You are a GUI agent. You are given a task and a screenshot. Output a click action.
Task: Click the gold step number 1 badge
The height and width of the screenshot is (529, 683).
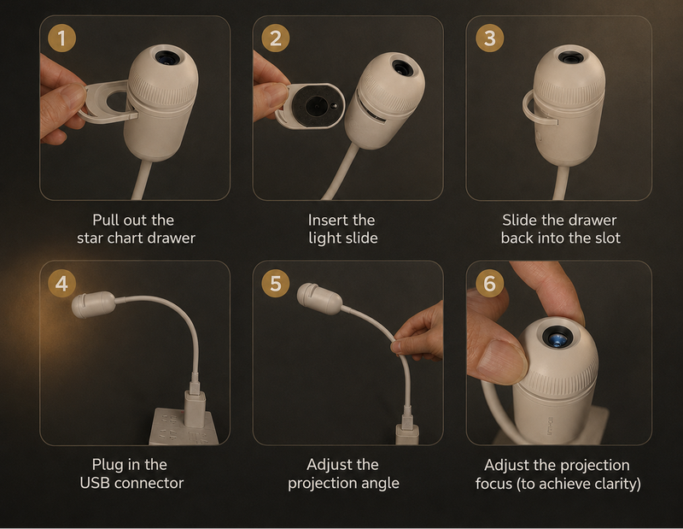(x=61, y=38)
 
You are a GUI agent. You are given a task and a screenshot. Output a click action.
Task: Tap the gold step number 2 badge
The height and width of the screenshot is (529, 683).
(x=275, y=38)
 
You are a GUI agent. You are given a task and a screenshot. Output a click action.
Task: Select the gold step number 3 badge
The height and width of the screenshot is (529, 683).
(x=489, y=38)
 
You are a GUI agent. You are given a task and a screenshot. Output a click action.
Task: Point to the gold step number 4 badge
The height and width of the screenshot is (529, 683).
(x=61, y=283)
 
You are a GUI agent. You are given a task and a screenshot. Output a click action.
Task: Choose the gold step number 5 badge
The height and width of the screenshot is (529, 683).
(x=275, y=283)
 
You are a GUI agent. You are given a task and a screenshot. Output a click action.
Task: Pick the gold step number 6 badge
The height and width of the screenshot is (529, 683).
(x=489, y=283)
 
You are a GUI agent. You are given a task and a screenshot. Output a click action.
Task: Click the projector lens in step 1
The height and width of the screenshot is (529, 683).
(x=166, y=57)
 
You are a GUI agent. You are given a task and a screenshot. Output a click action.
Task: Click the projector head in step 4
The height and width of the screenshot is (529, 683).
(x=93, y=304)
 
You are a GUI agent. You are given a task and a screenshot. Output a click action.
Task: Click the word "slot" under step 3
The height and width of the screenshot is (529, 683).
(x=608, y=238)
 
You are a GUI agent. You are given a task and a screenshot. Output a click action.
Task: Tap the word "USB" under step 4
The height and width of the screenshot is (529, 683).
(x=95, y=483)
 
